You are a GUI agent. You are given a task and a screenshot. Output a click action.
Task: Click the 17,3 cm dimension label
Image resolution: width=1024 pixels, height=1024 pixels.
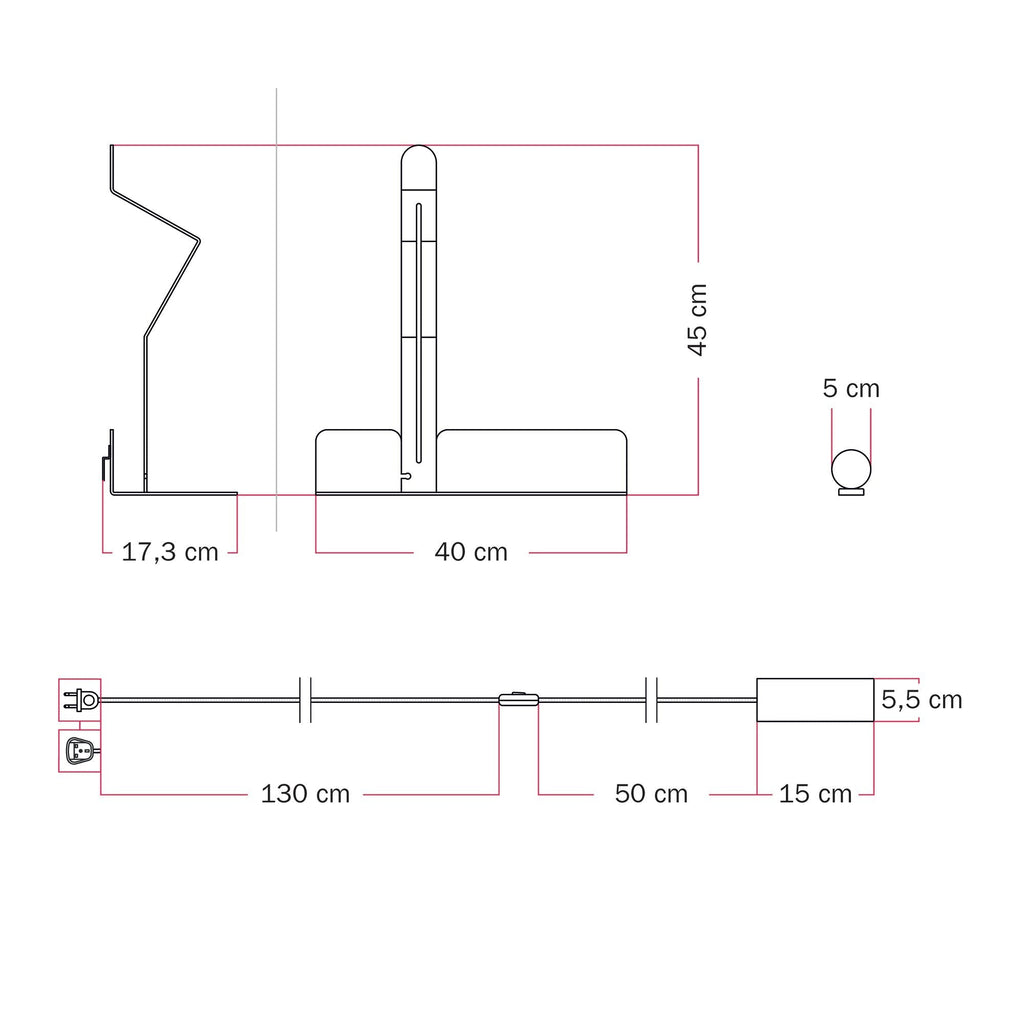(x=170, y=552)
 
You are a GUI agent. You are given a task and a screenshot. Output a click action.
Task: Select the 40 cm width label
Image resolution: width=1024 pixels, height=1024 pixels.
(x=471, y=552)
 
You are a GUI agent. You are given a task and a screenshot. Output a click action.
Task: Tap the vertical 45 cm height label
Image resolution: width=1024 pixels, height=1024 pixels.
(x=697, y=320)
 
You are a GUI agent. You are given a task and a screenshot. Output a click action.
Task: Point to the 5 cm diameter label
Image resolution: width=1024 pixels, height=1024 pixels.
(x=851, y=389)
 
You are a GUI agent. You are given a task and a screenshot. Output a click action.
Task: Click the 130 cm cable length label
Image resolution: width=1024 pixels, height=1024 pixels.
(x=305, y=794)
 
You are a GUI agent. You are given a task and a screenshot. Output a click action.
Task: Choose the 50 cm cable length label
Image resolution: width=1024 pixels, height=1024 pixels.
(x=651, y=794)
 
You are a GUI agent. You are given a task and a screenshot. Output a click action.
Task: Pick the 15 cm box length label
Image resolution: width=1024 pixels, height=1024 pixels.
(x=815, y=794)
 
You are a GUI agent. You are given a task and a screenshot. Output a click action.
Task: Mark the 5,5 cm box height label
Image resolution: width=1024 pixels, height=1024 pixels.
(x=921, y=700)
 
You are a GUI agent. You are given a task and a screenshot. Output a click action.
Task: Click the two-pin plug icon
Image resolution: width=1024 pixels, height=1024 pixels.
(x=80, y=700)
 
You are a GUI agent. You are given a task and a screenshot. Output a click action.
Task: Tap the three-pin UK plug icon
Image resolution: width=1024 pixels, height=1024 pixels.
(x=81, y=750)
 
